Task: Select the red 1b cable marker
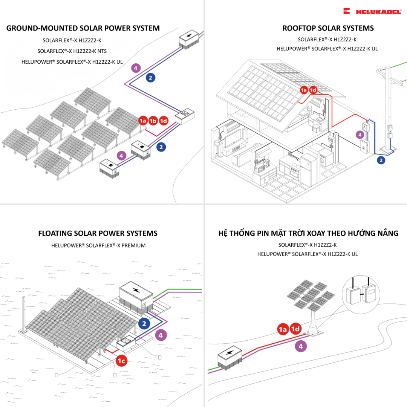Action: pos(153,121)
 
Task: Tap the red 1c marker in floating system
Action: pos(121,361)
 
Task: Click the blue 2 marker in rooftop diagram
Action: pos(381,160)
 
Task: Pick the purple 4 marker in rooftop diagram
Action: pos(360,135)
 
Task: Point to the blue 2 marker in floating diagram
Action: pos(144,323)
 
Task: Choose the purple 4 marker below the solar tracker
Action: pos(300,346)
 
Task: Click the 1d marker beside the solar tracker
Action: pos(295,329)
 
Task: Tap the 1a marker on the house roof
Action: pos(304,90)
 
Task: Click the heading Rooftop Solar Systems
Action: pos(328,28)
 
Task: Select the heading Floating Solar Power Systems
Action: pos(98,233)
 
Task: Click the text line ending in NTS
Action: pos(75,51)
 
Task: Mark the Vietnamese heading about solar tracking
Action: pos(308,233)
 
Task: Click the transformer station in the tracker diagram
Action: pos(230,358)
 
